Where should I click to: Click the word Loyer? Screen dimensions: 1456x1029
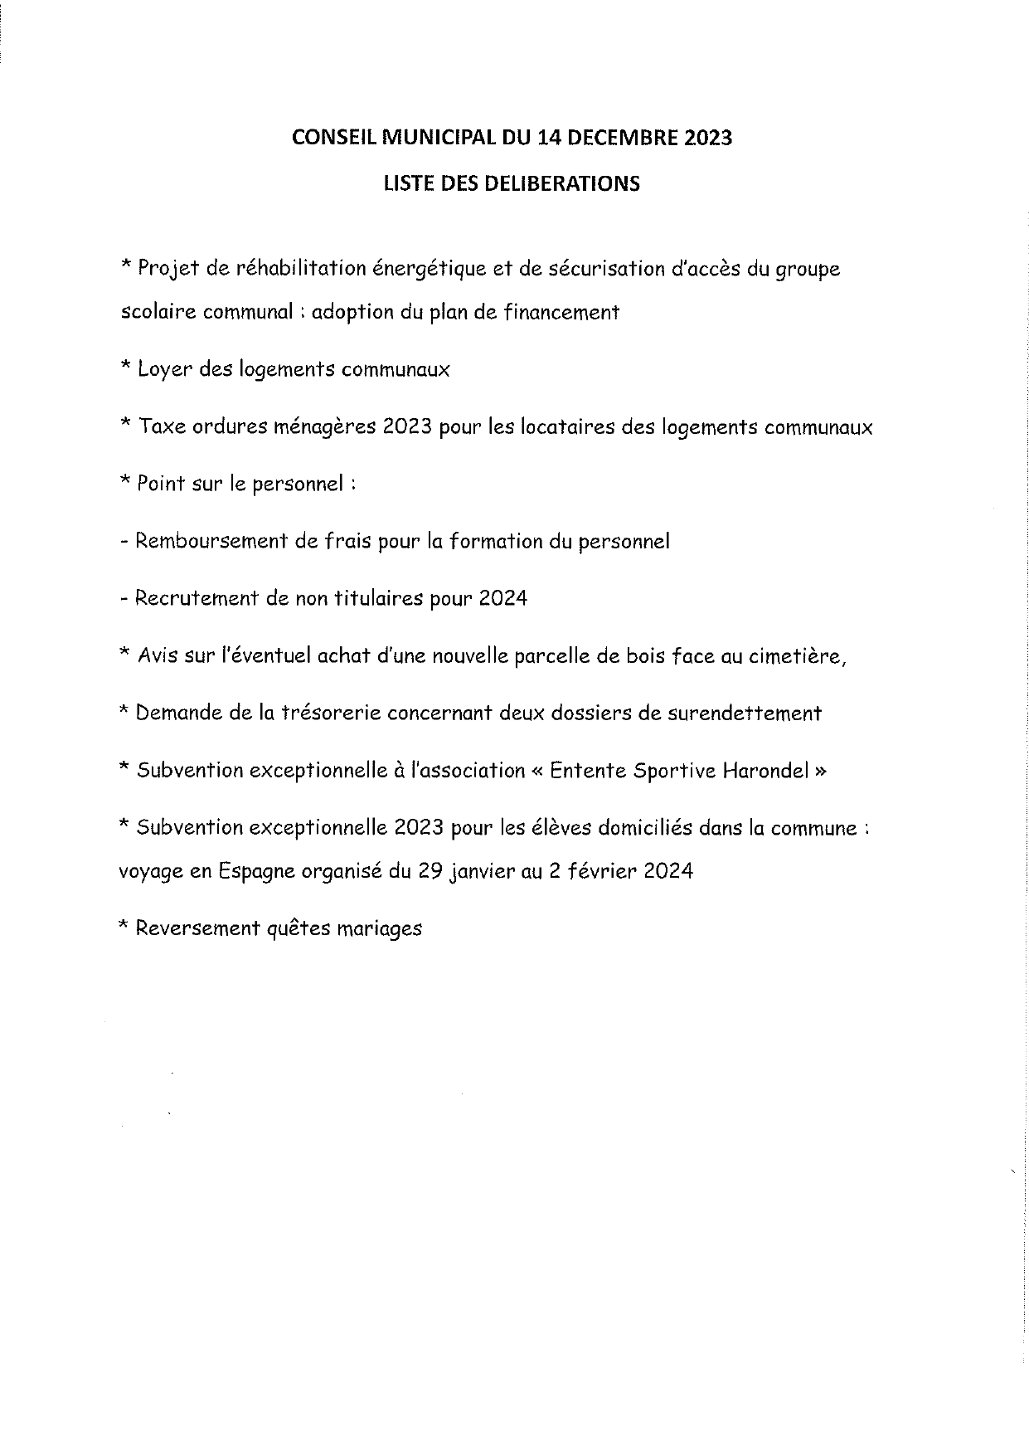166,370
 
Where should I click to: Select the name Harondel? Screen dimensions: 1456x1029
765,771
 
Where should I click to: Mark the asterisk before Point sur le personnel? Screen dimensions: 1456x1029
126,482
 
